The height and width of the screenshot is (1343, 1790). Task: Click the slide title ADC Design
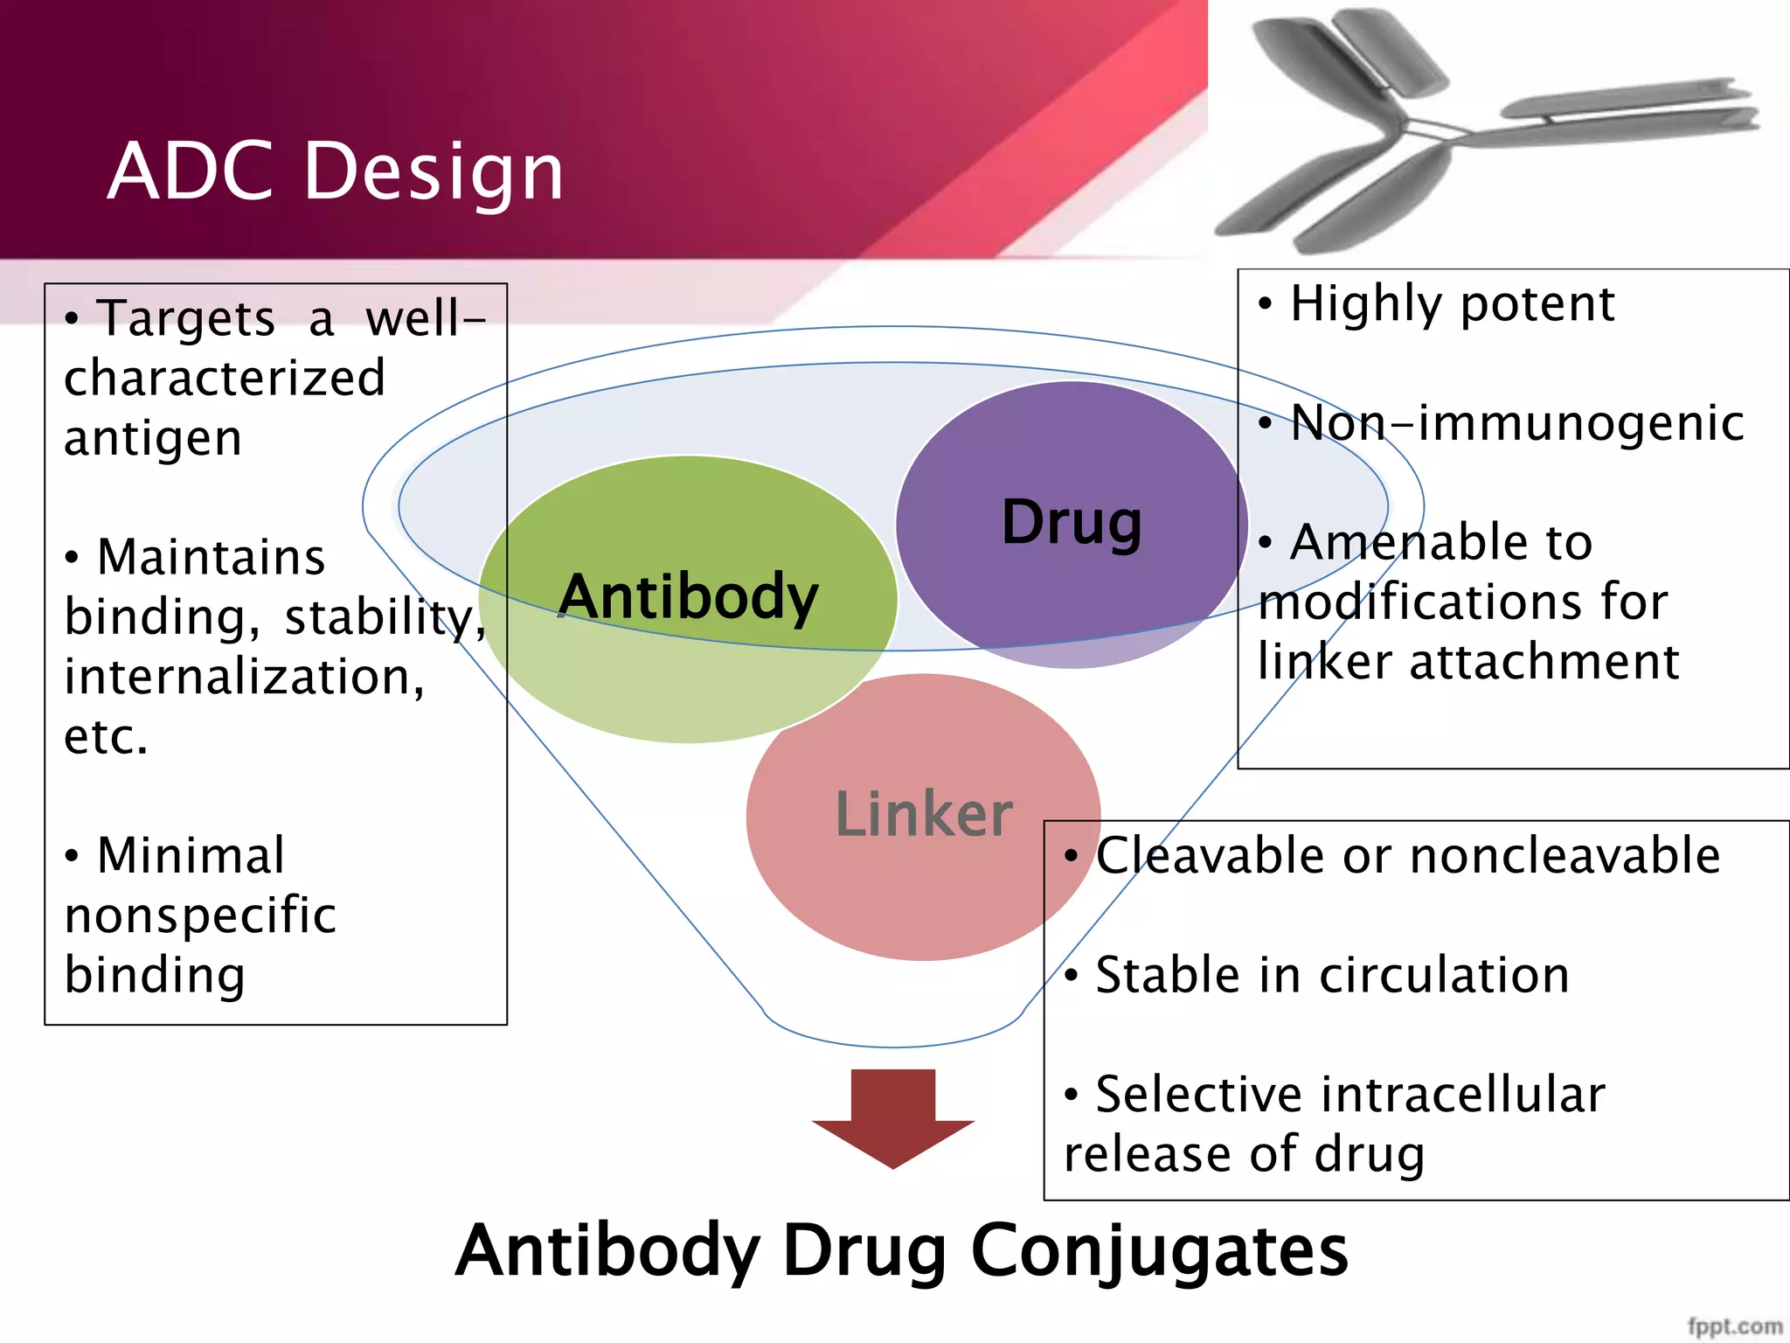336,171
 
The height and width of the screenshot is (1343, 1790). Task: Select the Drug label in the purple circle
1072,523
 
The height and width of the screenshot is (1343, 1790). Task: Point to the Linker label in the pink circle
924,814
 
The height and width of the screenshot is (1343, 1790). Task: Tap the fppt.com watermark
1734,1326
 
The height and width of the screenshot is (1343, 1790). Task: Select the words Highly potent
1452,304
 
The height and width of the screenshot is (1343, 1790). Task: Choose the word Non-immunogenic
1517,423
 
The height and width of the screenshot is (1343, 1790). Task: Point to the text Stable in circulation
1332,975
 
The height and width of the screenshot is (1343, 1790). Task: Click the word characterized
225,379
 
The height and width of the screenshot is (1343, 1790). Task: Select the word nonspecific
200,915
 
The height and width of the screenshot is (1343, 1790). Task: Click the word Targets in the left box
186,318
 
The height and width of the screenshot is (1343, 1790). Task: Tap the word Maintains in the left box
211,558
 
